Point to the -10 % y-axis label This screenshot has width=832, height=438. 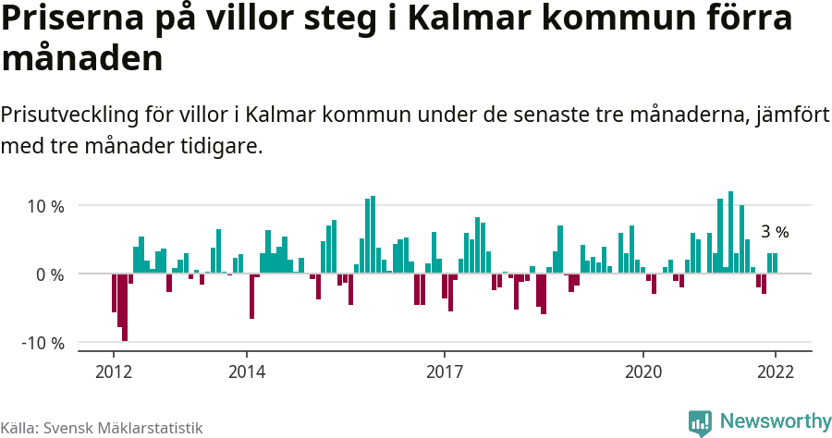[x=43, y=344]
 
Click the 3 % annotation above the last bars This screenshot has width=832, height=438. [x=775, y=233]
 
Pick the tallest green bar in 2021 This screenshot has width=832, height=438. [x=730, y=232]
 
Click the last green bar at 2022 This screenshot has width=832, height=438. [x=775, y=263]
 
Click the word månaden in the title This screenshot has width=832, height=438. [x=82, y=59]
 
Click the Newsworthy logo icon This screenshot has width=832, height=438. [x=700, y=422]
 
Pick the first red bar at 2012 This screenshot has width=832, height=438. [x=114, y=293]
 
